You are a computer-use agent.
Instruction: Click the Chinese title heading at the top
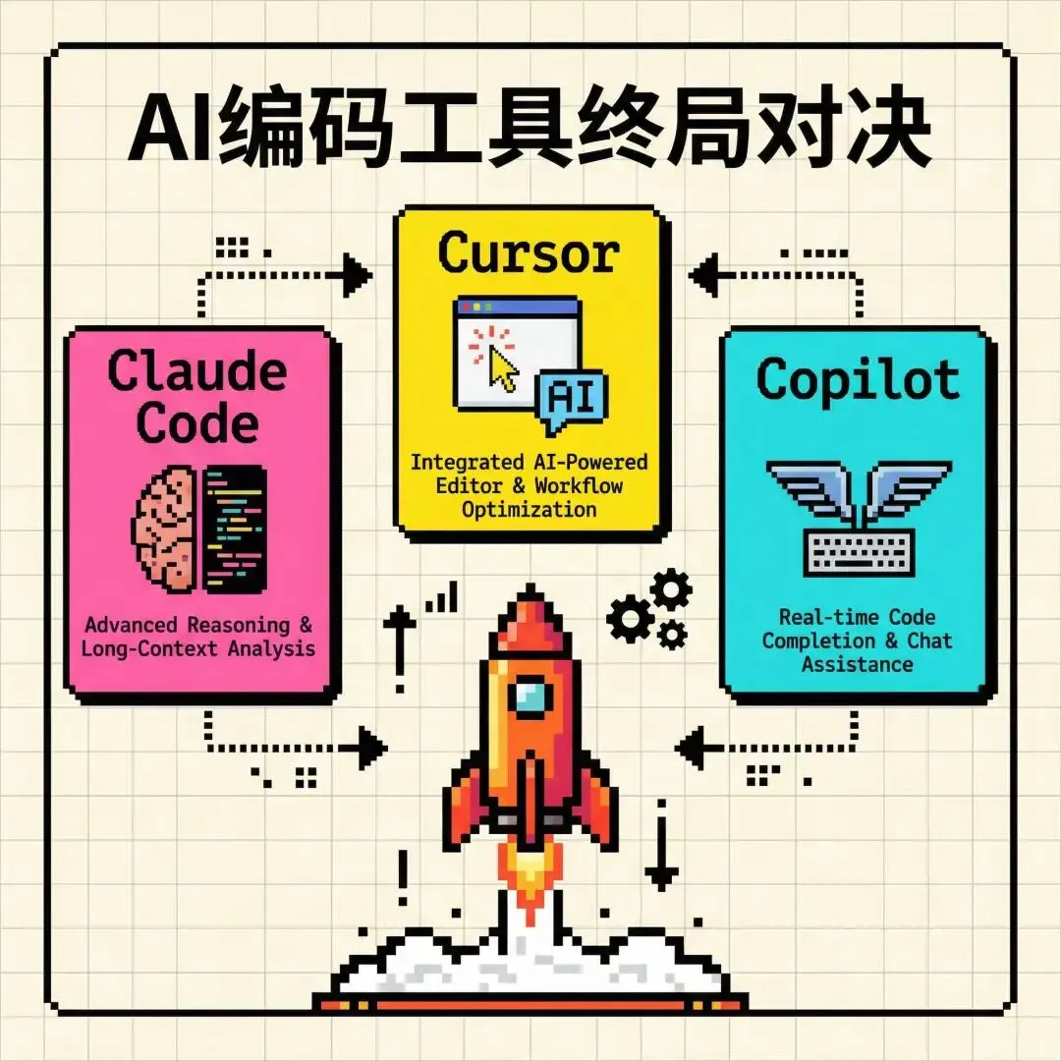tap(530, 131)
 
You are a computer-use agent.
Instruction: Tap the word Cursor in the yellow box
tap(529, 252)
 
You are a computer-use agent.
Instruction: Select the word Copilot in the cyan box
tap(859, 379)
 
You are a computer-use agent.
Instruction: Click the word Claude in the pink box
tap(197, 372)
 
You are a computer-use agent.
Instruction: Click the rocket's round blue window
tap(530, 698)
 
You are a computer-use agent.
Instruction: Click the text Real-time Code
tap(858, 617)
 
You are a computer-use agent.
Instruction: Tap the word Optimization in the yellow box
tap(529, 509)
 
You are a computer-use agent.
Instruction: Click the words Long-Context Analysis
tap(199, 648)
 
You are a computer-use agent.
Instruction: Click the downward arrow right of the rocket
tap(661, 865)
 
